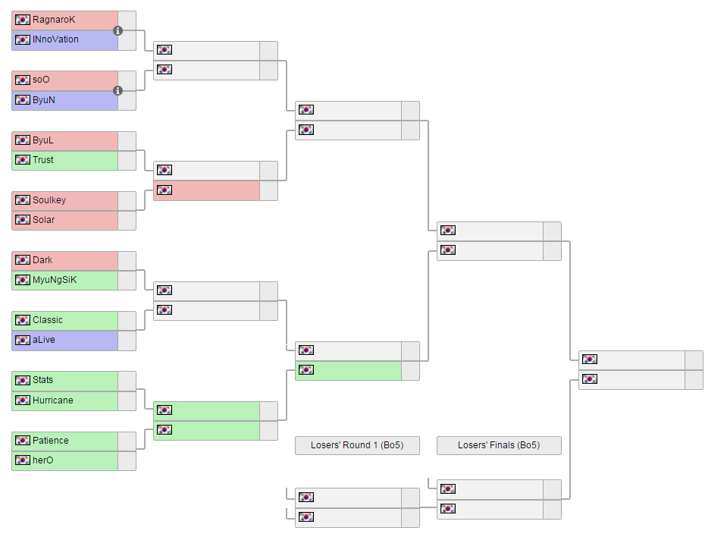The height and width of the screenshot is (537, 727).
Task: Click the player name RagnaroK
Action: pyautogui.click(x=54, y=20)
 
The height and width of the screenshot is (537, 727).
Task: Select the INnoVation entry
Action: pyautogui.click(x=55, y=39)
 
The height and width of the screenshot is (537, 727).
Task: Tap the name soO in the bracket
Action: pyautogui.click(x=41, y=80)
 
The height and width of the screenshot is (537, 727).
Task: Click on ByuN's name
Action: pyautogui.click(x=44, y=99)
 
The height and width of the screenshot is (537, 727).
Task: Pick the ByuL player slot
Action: pyautogui.click(x=43, y=140)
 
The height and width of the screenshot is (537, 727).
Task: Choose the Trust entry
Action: pyautogui.click(x=43, y=160)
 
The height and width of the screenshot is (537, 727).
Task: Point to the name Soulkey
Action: pyautogui.click(x=49, y=200)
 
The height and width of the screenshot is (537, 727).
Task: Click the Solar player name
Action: pyautogui.click(x=44, y=220)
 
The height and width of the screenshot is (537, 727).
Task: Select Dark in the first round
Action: pyautogui.click(x=42, y=260)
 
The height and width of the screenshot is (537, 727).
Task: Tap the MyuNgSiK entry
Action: pyautogui.click(x=55, y=280)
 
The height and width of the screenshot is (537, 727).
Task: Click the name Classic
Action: pyautogui.click(x=48, y=320)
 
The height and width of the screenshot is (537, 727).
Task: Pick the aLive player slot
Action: pyautogui.click(x=44, y=340)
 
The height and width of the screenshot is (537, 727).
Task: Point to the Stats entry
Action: pyautogui.click(x=43, y=380)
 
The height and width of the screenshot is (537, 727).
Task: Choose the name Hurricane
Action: pyautogui.click(x=53, y=400)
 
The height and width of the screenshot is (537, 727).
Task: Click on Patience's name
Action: pyautogui.click(x=51, y=440)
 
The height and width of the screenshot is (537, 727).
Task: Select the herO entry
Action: pyautogui.click(x=43, y=460)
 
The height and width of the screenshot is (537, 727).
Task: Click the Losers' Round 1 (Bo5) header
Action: pyautogui.click(x=357, y=445)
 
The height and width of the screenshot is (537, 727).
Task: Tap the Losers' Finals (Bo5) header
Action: pyautogui.click(x=499, y=445)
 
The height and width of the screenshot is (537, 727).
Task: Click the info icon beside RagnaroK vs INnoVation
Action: pyautogui.click(x=118, y=30)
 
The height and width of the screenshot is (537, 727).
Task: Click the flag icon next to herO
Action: pyautogui.click(x=23, y=460)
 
